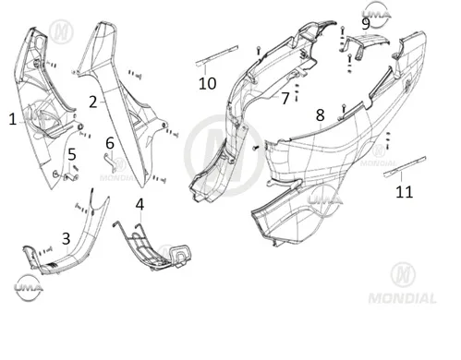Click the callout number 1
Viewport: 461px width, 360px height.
12,119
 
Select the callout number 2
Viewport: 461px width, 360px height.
93,102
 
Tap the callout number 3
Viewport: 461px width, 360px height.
67,239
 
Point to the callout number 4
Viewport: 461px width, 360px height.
140,205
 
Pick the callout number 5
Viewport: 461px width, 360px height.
72,154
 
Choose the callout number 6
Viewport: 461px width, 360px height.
110,143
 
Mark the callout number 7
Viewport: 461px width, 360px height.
285,99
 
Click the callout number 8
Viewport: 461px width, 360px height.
321,115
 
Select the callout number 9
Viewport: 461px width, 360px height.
366,24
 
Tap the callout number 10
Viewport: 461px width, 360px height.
207,83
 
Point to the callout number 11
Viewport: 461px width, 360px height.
404,192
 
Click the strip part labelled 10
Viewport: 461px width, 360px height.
217,55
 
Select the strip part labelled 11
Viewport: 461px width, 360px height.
405,166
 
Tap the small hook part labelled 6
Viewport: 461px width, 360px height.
110,161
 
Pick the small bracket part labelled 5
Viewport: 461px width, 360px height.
71,177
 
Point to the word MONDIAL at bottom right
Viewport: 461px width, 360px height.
402,298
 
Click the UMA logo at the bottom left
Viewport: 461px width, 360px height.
29,288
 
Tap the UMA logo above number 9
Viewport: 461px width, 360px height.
376,15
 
